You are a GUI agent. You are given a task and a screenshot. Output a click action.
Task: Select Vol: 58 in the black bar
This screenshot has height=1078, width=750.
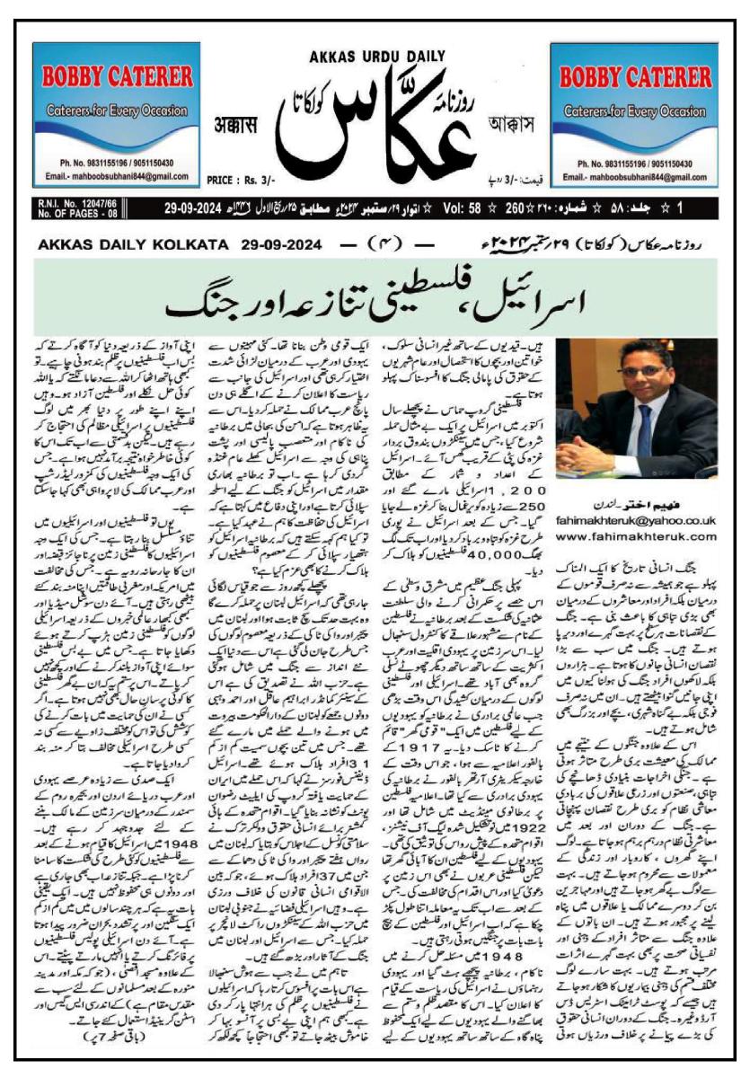tap(467, 209)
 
